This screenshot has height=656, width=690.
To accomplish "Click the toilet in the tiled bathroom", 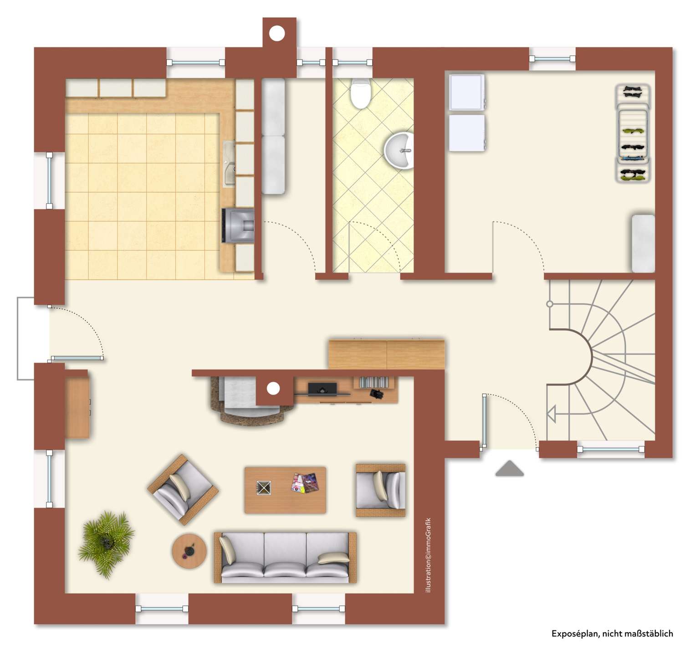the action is pos(360,93).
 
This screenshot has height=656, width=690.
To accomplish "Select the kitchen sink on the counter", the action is pos(229,164).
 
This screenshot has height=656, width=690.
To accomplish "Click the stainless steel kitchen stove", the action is pos(239,225).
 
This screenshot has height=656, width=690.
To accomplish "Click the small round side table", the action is pos(189,551).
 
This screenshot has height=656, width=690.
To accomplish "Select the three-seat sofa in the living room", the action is pos(285,558).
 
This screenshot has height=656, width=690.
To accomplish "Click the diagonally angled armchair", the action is pos(183,489).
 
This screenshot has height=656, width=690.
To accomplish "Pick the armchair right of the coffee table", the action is pos(381,490).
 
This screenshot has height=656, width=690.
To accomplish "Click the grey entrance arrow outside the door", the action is pos(509,468).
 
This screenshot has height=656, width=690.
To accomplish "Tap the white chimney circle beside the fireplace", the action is pos(273,389).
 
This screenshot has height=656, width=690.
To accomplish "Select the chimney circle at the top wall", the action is pos(277,33).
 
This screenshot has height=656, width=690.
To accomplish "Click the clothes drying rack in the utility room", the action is pos(633,133).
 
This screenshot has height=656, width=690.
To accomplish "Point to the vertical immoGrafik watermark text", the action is pos(428,555).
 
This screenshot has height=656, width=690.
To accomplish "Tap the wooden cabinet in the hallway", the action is pos(386,354).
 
